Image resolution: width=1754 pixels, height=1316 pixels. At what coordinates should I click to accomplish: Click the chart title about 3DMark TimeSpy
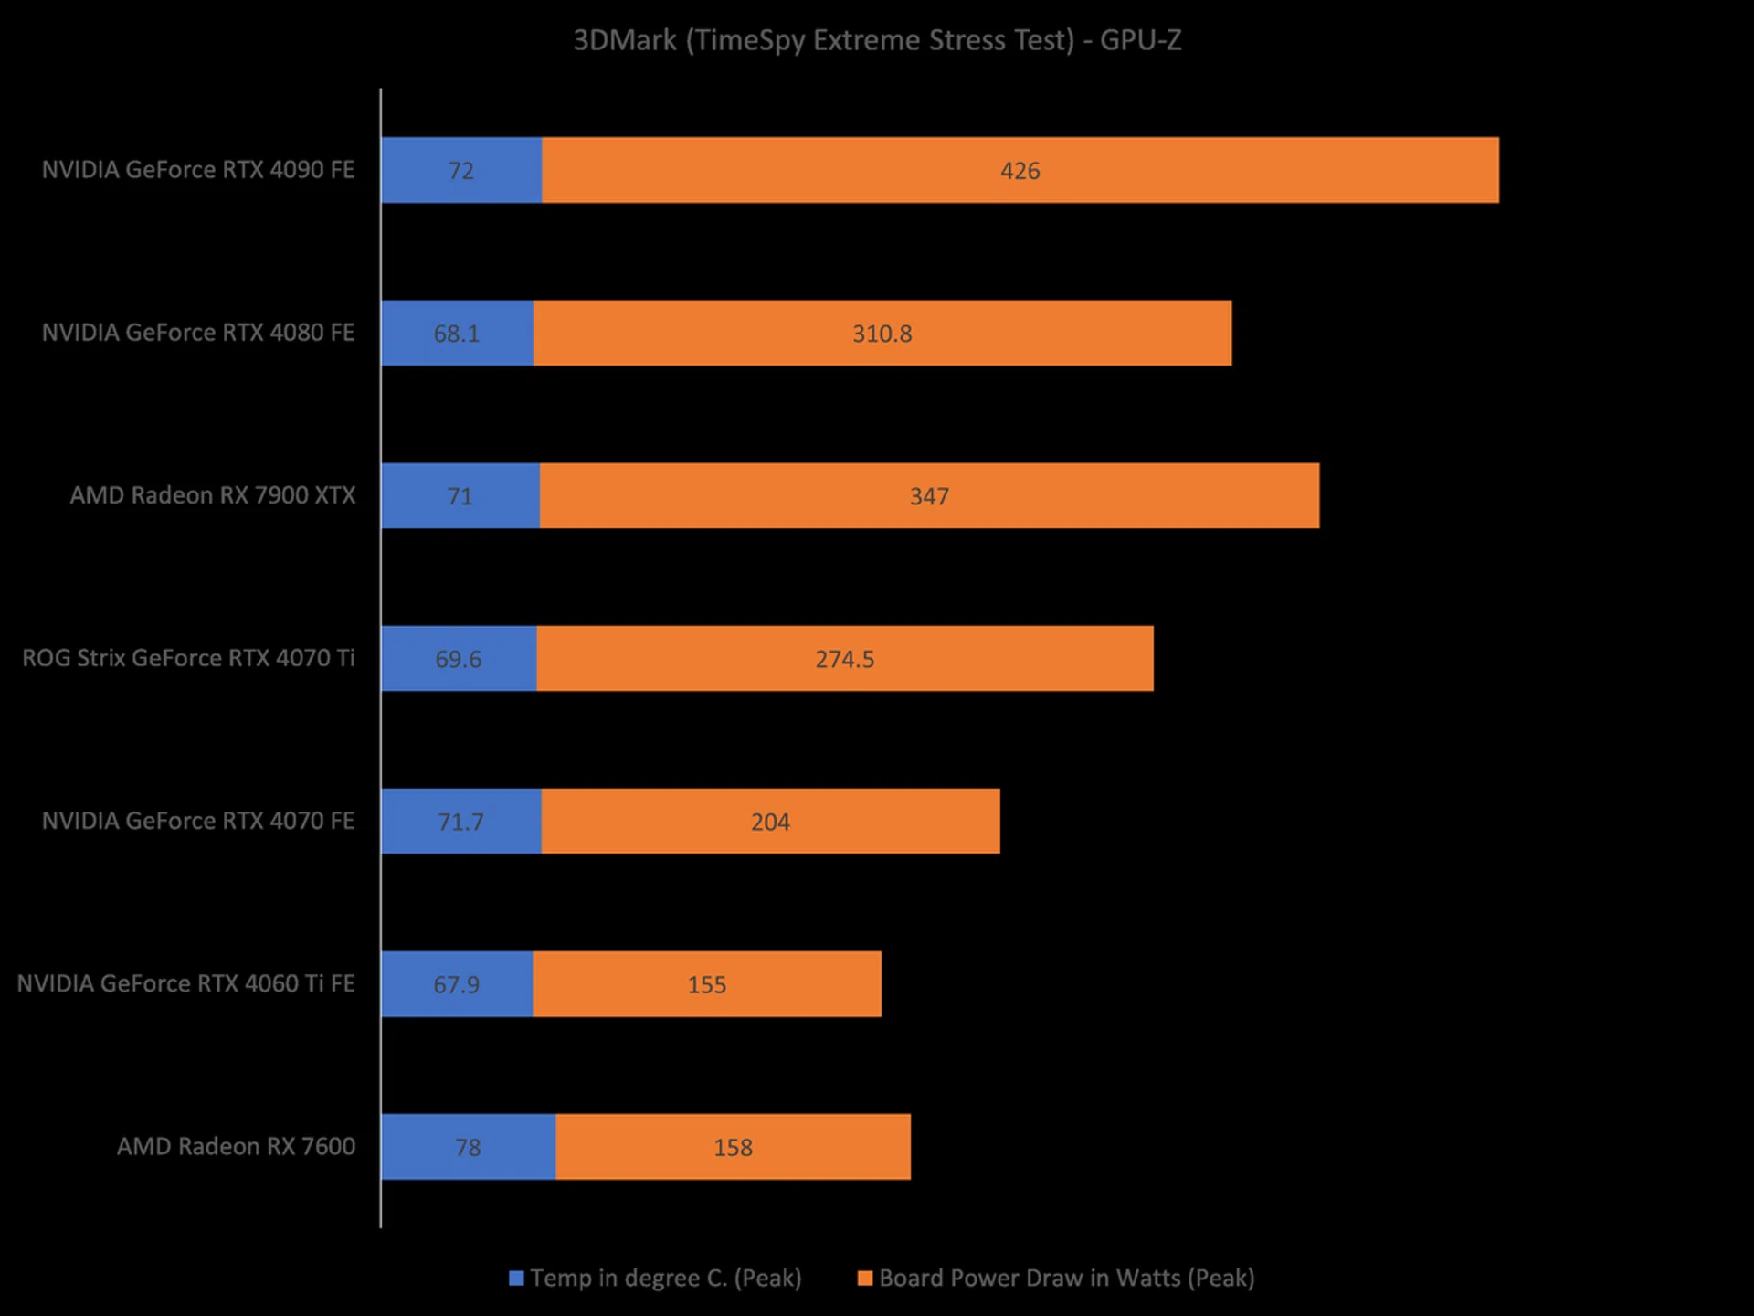coord(877,40)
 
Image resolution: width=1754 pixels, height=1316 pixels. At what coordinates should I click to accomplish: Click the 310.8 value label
coord(882,334)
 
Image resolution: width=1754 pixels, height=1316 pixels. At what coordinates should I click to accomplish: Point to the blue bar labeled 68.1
coord(457,334)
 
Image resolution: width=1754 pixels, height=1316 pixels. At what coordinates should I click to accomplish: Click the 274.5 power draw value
coord(845,659)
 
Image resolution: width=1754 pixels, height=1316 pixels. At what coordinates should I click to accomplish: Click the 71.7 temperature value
coord(460,822)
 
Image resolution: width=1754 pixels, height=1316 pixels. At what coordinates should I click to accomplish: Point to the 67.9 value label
coord(456,984)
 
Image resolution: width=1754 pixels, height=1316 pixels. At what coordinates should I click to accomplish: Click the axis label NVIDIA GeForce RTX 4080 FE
coord(198,333)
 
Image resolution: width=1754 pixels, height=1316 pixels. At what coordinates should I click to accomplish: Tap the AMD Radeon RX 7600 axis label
coord(236,1146)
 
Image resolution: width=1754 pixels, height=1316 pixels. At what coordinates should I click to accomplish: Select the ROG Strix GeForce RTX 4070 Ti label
coord(188,658)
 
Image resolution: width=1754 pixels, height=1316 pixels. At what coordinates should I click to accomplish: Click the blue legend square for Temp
coord(517,1278)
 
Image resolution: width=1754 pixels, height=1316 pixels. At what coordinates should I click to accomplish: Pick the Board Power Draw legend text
coord(1066,1278)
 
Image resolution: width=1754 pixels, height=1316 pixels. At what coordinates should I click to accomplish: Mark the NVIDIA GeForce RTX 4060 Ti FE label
coord(185,983)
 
